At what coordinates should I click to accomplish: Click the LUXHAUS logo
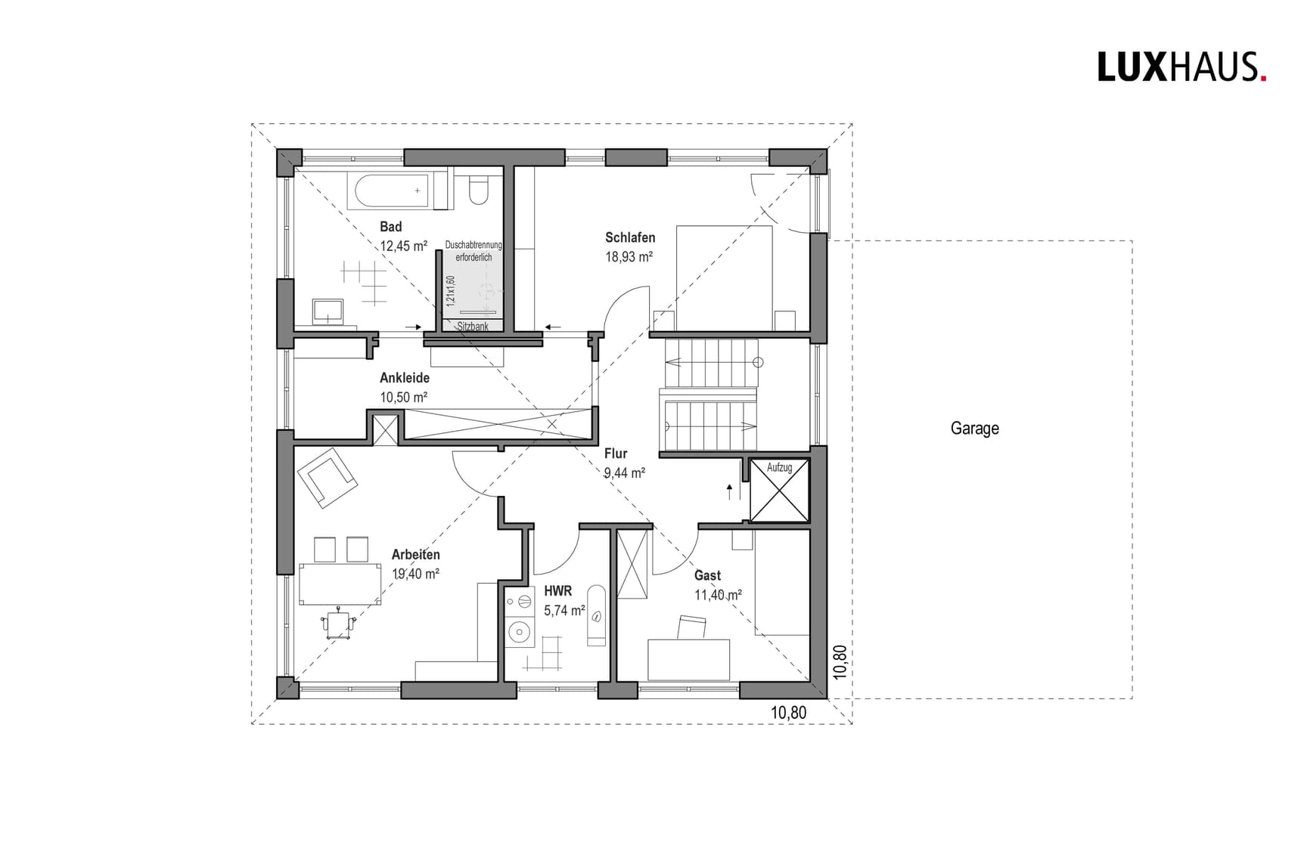pyautogui.click(x=1181, y=67)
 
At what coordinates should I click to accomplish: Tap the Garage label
pyautogui.click(x=974, y=429)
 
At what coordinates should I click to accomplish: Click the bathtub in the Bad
pyautogui.click(x=390, y=191)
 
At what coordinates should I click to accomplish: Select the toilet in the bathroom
pyautogui.click(x=479, y=190)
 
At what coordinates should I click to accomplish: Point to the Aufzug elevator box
pyautogui.click(x=779, y=492)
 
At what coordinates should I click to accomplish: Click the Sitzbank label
pyautogui.click(x=473, y=327)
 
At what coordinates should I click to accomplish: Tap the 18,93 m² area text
pyautogui.click(x=629, y=257)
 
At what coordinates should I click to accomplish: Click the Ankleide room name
pyautogui.click(x=405, y=378)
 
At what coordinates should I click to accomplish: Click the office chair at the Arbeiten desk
pyautogui.click(x=338, y=624)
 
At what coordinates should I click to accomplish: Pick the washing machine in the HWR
pyautogui.click(x=520, y=630)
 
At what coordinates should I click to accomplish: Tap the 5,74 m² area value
pyautogui.click(x=564, y=611)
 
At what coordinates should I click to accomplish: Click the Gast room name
pyautogui.click(x=707, y=576)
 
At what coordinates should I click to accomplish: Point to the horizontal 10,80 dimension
pyautogui.click(x=788, y=713)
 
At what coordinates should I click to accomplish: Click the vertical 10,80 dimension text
pyautogui.click(x=839, y=662)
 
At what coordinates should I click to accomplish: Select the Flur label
pyautogui.click(x=616, y=454)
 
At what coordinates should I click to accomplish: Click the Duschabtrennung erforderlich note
pyautogui.click(x=474, y=251)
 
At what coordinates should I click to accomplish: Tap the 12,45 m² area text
pyautogui.click(x=403, y=246)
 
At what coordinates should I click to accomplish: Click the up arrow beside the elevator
pyautogui.click(x=729, y=492)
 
